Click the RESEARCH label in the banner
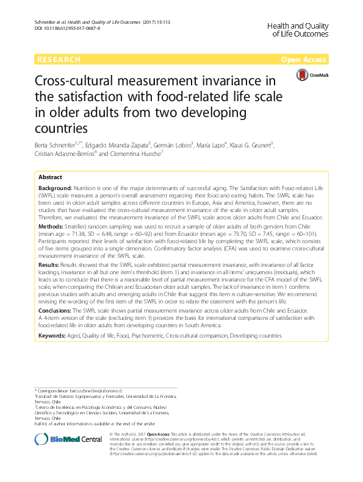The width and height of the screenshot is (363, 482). click(x=59, y=60)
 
